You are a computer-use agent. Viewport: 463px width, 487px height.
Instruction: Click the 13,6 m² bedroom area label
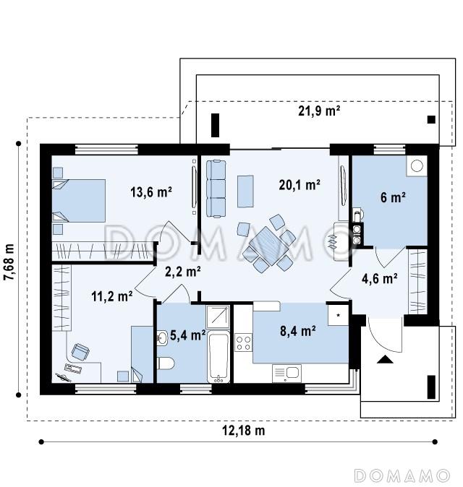151,192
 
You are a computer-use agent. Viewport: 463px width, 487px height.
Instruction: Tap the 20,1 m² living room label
300,185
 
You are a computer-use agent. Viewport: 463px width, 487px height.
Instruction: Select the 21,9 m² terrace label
319,111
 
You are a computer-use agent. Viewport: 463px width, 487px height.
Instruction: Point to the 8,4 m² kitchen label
298,331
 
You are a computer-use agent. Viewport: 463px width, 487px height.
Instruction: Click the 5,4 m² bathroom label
188,335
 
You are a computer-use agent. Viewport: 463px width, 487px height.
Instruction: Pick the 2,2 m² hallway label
182,272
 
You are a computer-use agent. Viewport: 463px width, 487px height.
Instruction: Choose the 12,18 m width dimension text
244,431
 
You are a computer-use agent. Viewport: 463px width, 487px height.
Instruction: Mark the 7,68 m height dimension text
9,262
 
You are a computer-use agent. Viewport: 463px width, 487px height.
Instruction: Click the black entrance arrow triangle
385,359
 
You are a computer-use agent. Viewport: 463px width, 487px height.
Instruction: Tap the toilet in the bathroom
166,363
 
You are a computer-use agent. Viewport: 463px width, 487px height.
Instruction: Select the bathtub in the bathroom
218,357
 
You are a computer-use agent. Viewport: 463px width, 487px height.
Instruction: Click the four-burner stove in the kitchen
243,342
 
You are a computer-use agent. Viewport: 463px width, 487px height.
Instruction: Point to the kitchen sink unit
286,374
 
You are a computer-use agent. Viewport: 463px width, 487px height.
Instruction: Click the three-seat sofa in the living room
216,188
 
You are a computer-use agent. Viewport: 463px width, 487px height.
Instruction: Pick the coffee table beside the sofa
246,191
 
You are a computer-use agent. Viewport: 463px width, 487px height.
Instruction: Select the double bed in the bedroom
78,201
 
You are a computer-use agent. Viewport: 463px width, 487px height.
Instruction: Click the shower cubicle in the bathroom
218,316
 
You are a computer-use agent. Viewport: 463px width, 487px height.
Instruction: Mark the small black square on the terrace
431,119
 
